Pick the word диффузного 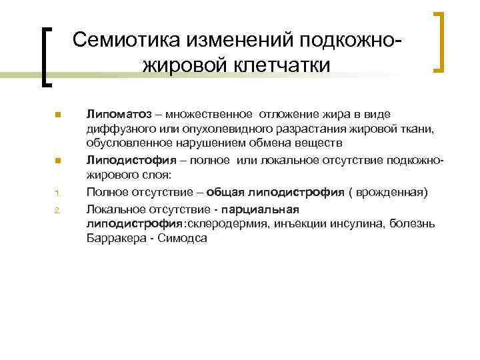(116, 129)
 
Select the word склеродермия (224, 223)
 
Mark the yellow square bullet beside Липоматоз (58, 115)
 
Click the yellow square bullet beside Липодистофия (58, 161)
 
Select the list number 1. (58, 194)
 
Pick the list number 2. (58, 210)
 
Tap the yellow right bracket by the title (439, 41)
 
